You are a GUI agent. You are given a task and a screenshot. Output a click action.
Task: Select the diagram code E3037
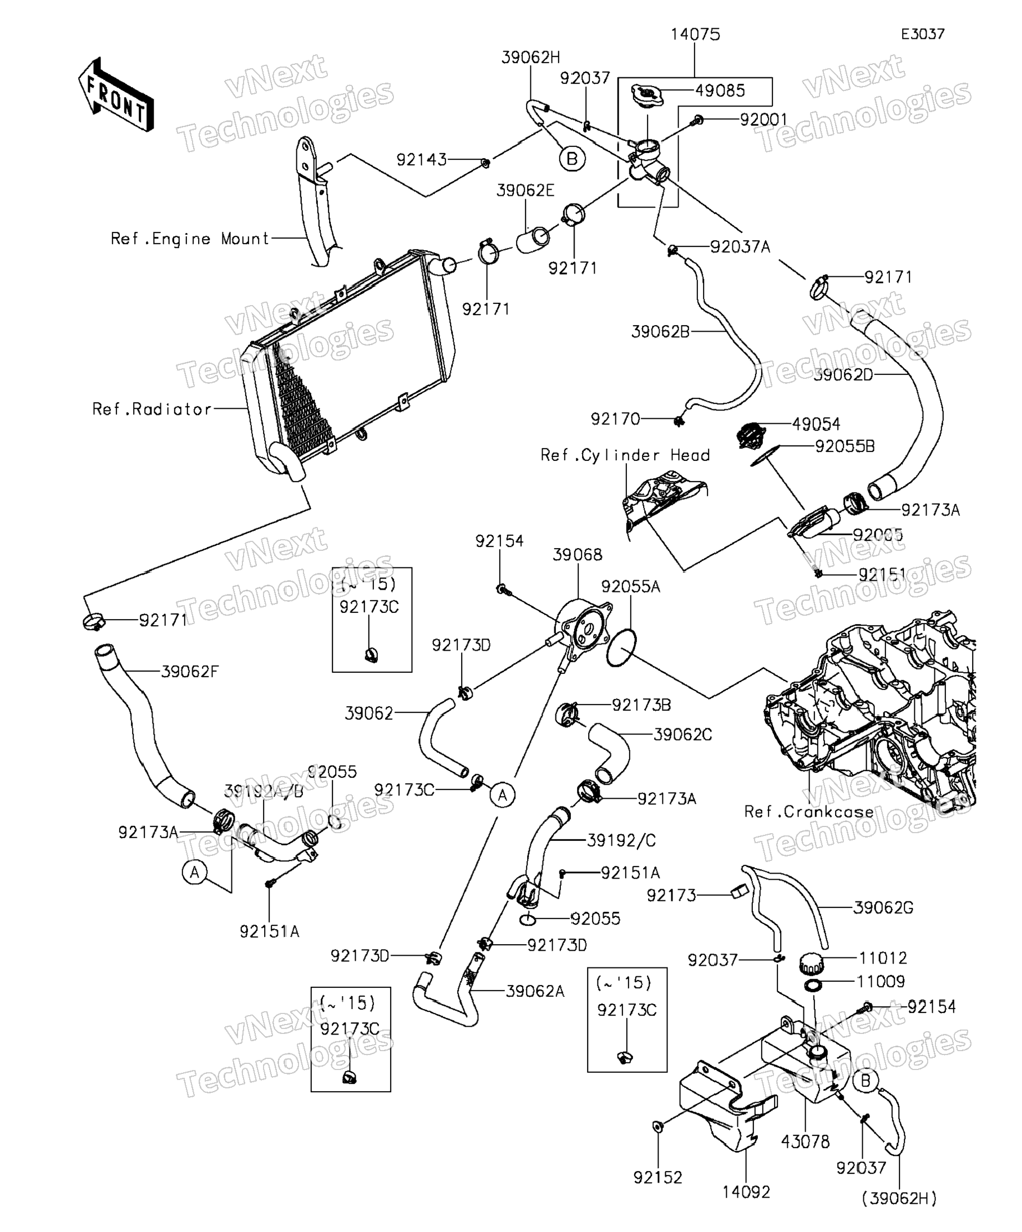coord(922,34)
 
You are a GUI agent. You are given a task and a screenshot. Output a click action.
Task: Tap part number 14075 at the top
coord(695,34)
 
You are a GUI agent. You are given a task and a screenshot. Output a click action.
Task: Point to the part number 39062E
coord(525,191)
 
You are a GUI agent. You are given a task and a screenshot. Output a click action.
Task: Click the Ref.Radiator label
coord(152,409)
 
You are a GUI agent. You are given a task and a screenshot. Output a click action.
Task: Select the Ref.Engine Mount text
coord(190,239)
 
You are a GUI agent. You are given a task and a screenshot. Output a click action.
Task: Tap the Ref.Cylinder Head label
coord(625,455)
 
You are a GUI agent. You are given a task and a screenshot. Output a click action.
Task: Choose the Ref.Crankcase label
coord(808,812)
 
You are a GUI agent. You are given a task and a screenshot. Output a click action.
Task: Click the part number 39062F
coord(190,672)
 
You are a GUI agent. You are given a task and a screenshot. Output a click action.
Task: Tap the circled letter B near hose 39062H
coord(572,159)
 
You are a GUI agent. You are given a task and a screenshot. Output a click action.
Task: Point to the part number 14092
coord(746,1192)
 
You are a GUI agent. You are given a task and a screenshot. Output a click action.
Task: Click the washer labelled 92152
coord(657,1126)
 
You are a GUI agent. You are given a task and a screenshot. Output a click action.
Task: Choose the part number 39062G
coord(883,907)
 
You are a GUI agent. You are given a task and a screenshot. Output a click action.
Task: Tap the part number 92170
coord(615,419)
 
